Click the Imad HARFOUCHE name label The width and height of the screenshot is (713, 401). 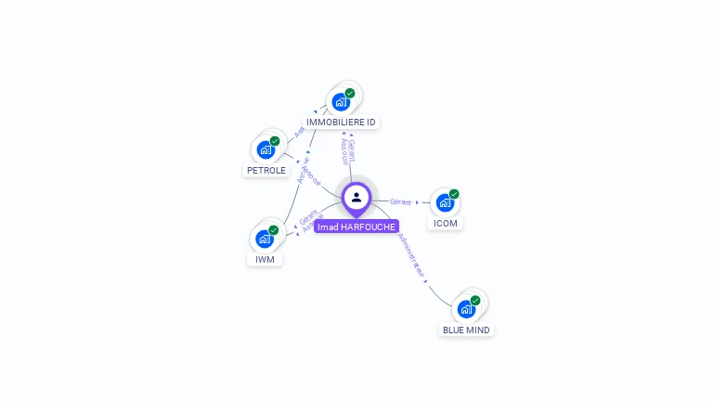356,226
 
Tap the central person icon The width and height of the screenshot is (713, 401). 356,197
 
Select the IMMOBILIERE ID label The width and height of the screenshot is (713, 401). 341,122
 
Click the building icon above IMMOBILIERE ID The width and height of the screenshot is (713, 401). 341,101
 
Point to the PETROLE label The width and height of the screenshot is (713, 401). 266,171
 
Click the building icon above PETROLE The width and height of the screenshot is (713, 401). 266,149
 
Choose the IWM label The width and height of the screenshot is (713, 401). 266,259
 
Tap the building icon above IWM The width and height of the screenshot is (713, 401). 265,239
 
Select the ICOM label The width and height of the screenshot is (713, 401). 446,223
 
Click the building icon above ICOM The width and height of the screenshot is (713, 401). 445,202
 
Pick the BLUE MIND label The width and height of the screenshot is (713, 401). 466,330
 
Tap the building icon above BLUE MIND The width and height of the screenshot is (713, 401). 466,309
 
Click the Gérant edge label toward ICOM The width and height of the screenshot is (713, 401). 400,201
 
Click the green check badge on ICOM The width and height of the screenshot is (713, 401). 454,194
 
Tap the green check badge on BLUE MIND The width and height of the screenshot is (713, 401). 475,301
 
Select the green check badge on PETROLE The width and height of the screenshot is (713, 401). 275,141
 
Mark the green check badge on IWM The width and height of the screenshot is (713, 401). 274,230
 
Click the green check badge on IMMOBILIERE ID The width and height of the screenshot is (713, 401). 350,93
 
